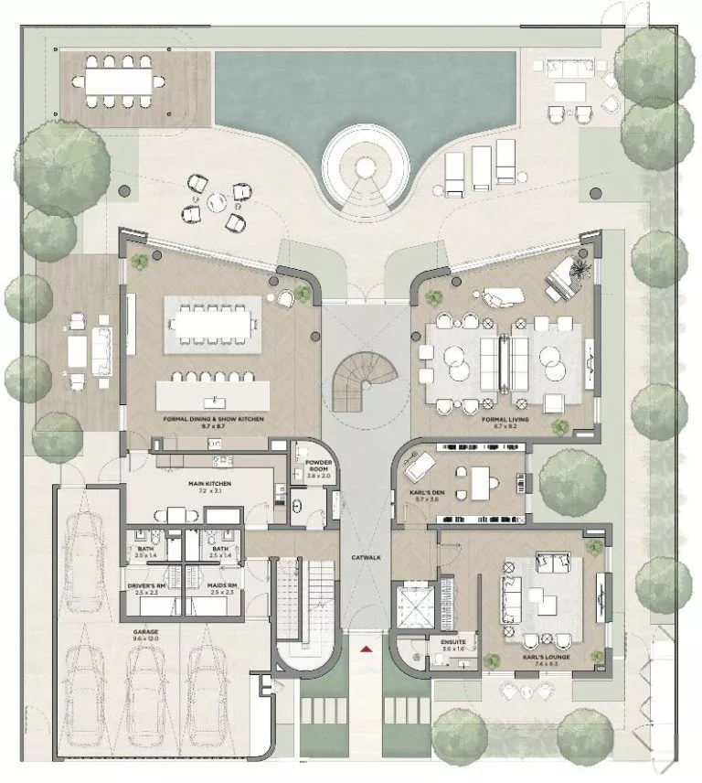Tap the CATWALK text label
coord(365,557)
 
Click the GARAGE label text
coord(145,631)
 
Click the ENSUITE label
coord(453,642)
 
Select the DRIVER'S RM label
coord(146,585)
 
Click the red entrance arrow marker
coord(366,649)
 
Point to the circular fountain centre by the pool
coord(365,167)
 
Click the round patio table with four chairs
coord(215,201)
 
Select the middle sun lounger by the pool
coord(481,169)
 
